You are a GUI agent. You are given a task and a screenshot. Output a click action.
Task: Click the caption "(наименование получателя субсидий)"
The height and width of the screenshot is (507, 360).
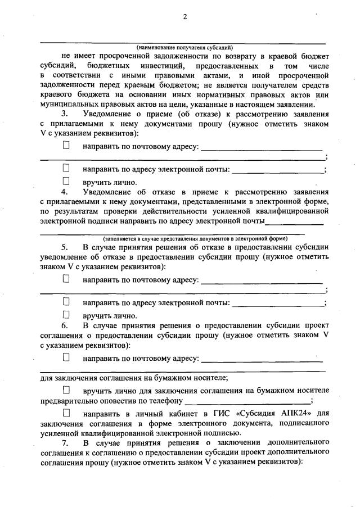point(184,47)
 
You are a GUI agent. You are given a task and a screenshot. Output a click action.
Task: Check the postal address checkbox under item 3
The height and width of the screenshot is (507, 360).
point(66,146)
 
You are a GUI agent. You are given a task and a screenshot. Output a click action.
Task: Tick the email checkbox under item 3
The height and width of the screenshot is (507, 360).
point(66,168)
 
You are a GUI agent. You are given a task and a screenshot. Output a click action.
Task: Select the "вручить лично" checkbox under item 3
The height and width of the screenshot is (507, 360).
point(66,181)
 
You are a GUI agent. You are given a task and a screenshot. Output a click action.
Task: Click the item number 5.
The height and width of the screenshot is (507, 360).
point(65,247)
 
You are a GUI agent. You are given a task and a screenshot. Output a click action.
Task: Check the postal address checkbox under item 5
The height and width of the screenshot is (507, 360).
point(66,278)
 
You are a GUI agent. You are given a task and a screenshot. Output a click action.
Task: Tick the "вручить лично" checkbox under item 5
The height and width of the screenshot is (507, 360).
point(66,315)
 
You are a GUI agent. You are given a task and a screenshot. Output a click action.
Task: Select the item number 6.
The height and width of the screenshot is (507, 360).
point(65,325)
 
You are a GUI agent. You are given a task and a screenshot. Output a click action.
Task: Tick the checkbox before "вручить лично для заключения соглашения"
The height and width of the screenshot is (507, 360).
point(66,389)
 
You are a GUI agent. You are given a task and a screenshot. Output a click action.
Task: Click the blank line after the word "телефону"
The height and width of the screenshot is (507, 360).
point(247,401)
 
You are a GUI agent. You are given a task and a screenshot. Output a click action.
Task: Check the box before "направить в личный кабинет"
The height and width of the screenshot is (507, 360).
point(66,413)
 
